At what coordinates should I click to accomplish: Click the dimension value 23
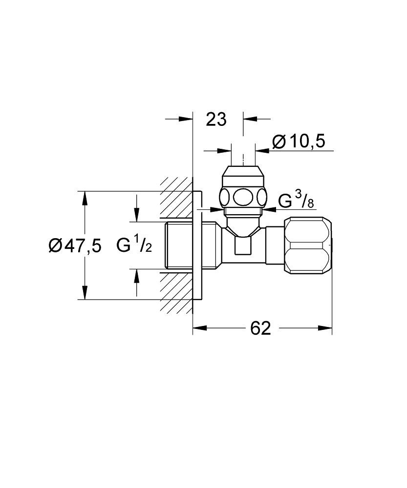coord(216,119)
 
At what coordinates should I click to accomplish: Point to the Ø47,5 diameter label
coord(74,246)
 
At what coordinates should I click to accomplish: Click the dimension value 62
coord(260,328)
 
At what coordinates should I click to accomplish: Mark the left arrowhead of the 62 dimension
coord(199,328)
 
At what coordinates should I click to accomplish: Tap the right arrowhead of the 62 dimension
coord(326,328)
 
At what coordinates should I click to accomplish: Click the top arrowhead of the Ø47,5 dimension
coord(85,198)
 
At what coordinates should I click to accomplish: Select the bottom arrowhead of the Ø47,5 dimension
coord(85,293)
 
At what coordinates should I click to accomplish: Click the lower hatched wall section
coord(176,291)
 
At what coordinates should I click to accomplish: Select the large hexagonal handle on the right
coord(308,246)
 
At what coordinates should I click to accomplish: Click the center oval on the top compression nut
coord(243,198)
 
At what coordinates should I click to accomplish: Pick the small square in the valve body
coord(242,245)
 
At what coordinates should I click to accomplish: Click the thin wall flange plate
coord(197,245)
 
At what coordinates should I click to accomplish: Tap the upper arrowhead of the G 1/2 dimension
coord(137,215)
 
